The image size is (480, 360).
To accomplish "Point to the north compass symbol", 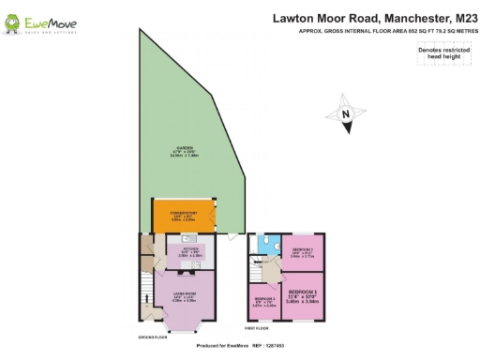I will [x=346, y=114].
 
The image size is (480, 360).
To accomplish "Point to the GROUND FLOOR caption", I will [x=152, y=336].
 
